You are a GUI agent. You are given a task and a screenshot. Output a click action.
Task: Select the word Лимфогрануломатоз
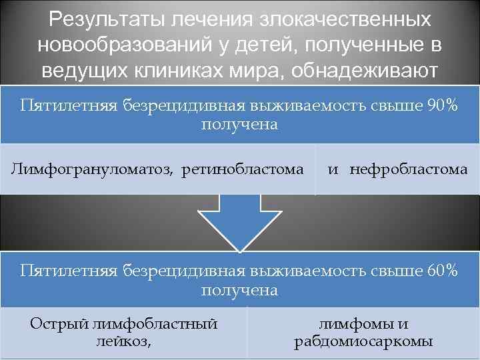point(90,169)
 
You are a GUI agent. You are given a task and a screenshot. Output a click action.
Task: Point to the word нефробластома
point(409,169)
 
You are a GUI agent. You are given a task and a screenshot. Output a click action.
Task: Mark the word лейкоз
point(123,342)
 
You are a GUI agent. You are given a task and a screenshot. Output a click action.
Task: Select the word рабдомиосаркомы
point(363,342)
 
